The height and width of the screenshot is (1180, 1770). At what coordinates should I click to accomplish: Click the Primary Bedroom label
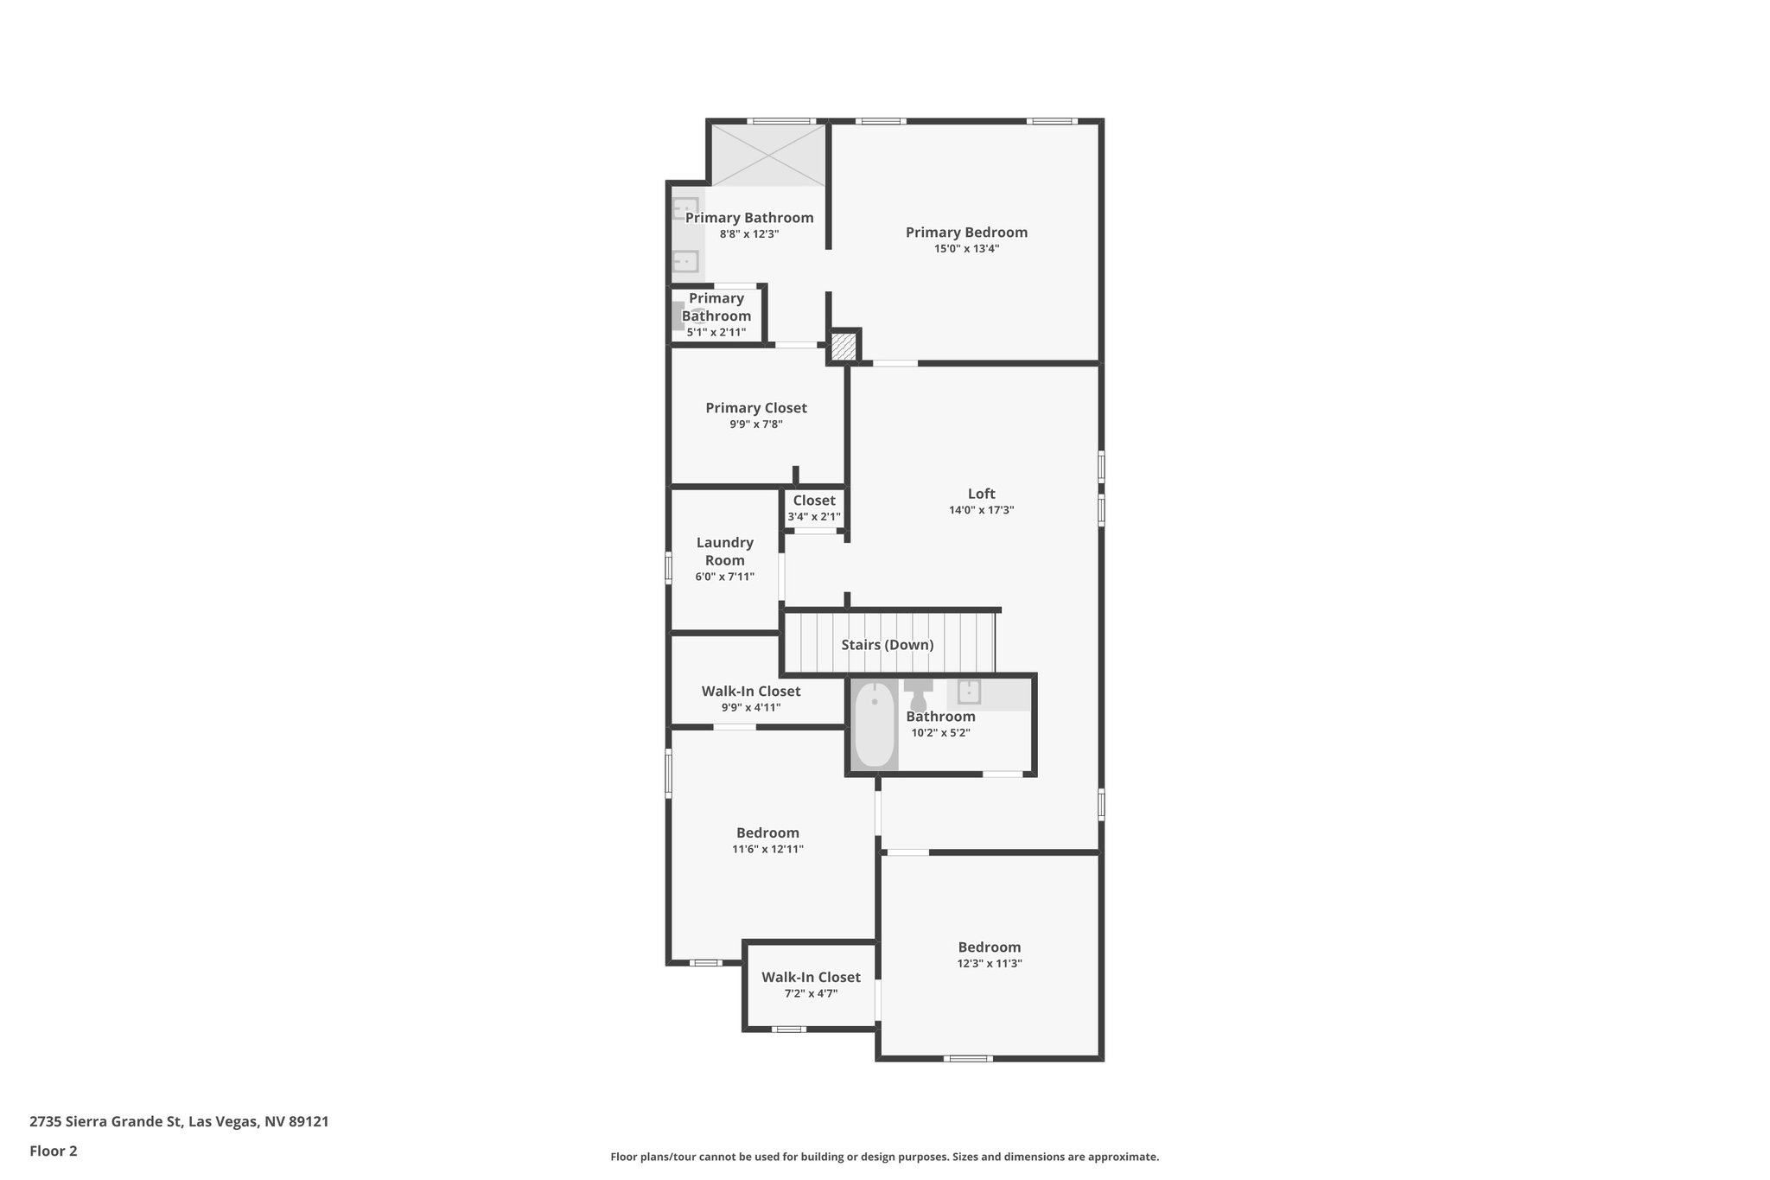(966, 232)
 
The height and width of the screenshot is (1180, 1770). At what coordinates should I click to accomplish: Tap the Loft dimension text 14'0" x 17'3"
(981, 510)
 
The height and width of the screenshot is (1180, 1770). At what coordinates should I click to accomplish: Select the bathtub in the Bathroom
(874, 724)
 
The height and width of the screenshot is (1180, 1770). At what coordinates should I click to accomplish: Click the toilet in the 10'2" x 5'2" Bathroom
(918, 693)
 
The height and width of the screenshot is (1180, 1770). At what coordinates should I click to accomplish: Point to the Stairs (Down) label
(887, 645)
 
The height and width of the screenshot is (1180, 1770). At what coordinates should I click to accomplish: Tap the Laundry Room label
(724, 551)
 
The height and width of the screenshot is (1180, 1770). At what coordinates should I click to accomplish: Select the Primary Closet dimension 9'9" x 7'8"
(756, 424)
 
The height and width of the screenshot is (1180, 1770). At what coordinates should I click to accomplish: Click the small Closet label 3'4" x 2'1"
(814, 501)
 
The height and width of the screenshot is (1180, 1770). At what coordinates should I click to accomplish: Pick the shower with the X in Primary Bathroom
(767, 155)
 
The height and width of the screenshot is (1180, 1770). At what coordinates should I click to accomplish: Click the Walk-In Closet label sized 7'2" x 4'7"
(811, 977)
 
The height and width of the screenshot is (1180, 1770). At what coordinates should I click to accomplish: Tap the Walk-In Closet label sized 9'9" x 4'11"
(750, 691)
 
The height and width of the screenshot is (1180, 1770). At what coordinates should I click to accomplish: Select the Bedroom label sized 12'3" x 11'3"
(990, 947)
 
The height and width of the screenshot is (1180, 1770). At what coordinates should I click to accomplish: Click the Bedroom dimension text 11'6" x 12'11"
(767, 849)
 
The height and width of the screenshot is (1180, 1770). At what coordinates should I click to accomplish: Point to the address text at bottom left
(179, 1121)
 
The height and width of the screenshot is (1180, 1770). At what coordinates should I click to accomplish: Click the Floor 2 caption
(54, 1151)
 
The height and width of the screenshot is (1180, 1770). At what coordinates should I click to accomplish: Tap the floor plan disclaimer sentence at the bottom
(884, 1157)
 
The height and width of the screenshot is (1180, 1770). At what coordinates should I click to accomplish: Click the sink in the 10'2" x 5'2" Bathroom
(969, 692)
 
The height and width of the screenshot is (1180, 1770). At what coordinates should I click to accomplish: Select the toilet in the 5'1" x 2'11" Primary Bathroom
(680, 316)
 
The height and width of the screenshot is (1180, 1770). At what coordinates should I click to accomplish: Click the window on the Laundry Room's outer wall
(668, 568)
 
